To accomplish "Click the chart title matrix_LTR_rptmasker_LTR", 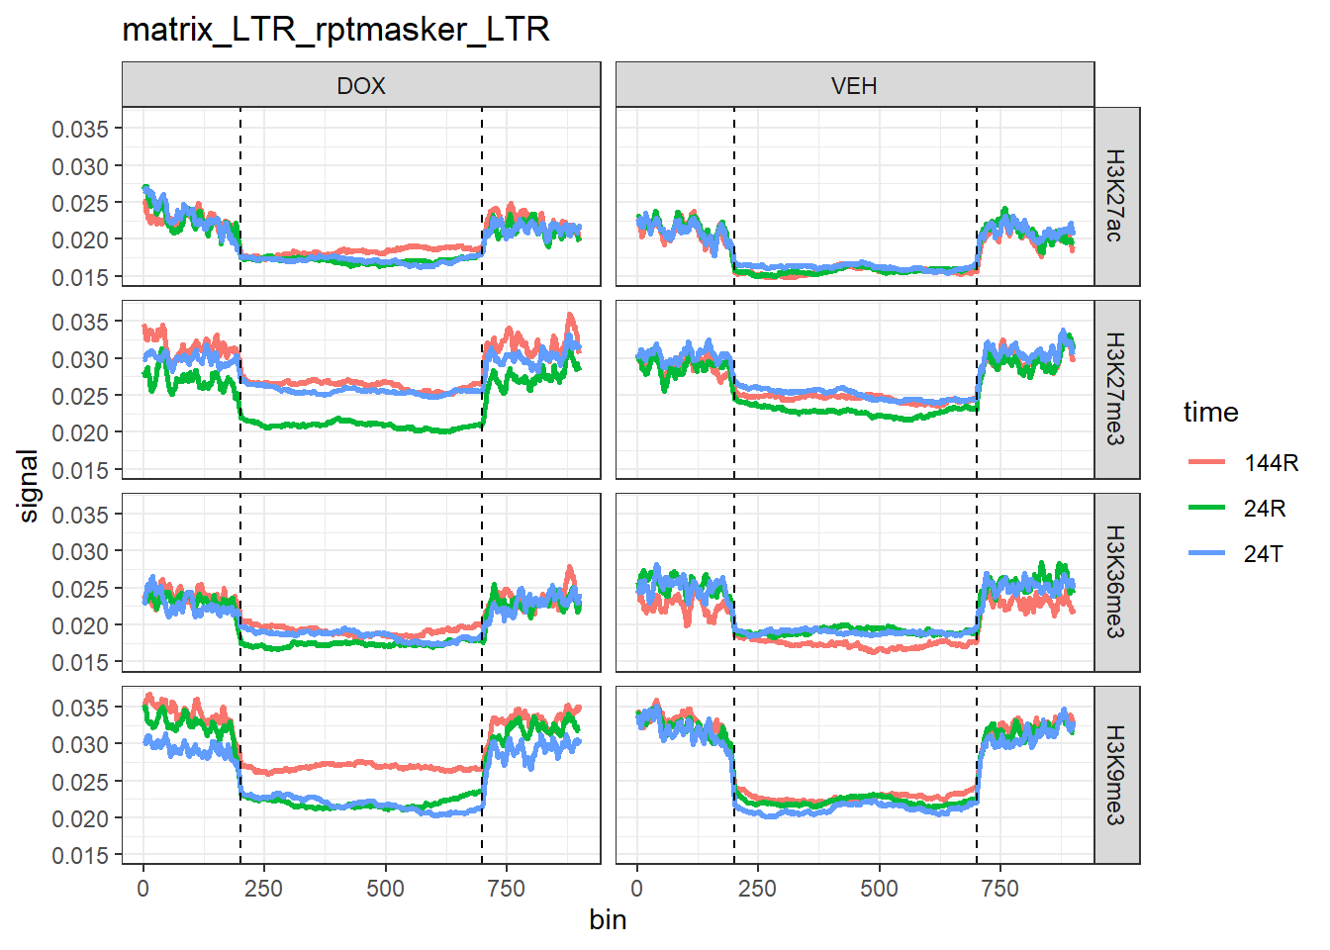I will tap(335, 30).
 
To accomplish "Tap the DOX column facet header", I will tap(361, 85).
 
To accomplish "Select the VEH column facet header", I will tap(854, 85).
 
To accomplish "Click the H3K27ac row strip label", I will tap(1115, 196).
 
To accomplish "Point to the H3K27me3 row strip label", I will tap(1115, 389).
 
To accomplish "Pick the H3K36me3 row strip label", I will tap(1115, 582).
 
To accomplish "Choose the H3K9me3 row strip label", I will tap(1115, 775).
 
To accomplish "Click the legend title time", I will tap(1210, 412).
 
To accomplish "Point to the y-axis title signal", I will tap(29, 486).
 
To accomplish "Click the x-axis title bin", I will tap(608, 920).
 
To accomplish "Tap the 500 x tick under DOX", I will tap(385, 889).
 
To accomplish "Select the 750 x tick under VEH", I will tap(999, 889).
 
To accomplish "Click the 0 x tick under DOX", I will tap(143, 889).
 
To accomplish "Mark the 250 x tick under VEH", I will tap(757, 889).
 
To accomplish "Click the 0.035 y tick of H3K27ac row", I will tap(80, 129).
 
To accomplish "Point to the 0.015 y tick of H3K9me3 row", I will tap(80, 855).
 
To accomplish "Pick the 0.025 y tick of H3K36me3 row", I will tap(80, 589).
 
